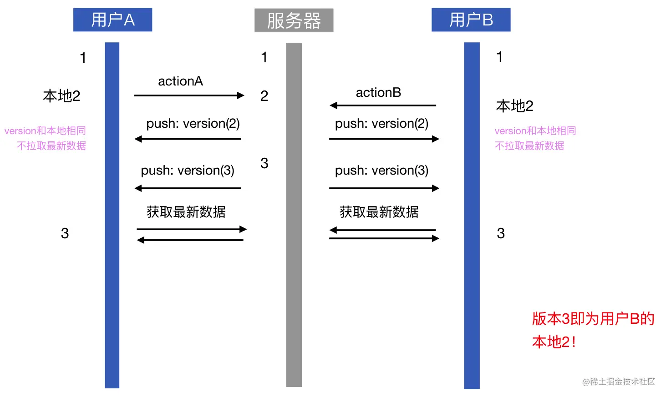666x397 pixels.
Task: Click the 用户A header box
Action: coord(112,20)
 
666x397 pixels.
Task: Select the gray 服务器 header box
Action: coord(294,20)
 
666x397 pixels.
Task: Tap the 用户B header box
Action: coord(471,20)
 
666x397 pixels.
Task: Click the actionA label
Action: coord(180,81)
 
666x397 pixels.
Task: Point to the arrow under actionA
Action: coord(189,95)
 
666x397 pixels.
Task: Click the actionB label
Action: coord(378,92)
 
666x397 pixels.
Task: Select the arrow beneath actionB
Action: coord(383,106)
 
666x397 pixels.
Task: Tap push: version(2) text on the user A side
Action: coord(193,123)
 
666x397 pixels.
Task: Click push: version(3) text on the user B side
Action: coord(381,170)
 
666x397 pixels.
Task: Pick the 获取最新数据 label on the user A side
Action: coord(186,211)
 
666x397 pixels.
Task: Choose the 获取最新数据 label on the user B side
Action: coord(379,211)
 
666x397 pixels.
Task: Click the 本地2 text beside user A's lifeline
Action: coord(61,96)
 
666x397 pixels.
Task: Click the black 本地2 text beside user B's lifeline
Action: coord(514,106)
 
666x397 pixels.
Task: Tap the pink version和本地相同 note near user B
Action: coord(535,131)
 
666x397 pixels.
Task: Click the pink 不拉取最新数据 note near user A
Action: coord(51,146)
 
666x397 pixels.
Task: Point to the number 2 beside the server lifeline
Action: coord(264,96)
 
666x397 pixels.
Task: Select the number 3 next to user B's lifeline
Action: coord(501,233)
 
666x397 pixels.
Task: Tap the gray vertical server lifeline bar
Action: coord(294,273)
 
